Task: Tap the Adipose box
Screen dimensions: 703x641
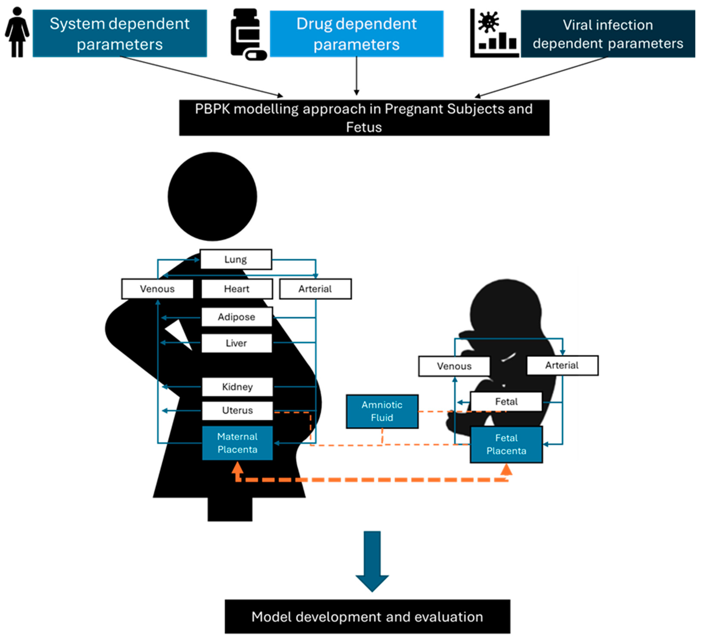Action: pyautogui.click(x=237, y=317)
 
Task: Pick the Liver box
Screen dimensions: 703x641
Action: pyautogui.click(x=237, y=343)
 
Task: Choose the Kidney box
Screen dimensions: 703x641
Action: pyautogui.click(x=237, y=387)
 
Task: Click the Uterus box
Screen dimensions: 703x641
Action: pyautogui.click(x=237, y=410)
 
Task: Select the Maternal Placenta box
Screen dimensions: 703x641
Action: pyautogui.click(x=237, y=443)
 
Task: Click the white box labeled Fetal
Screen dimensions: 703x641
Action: pyautogui.click(x=506, y=401)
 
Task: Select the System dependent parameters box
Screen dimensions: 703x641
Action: pyautogui.click(x=120, y=34)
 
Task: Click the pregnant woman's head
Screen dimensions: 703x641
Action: pyautogui.click(x=212, y=196)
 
